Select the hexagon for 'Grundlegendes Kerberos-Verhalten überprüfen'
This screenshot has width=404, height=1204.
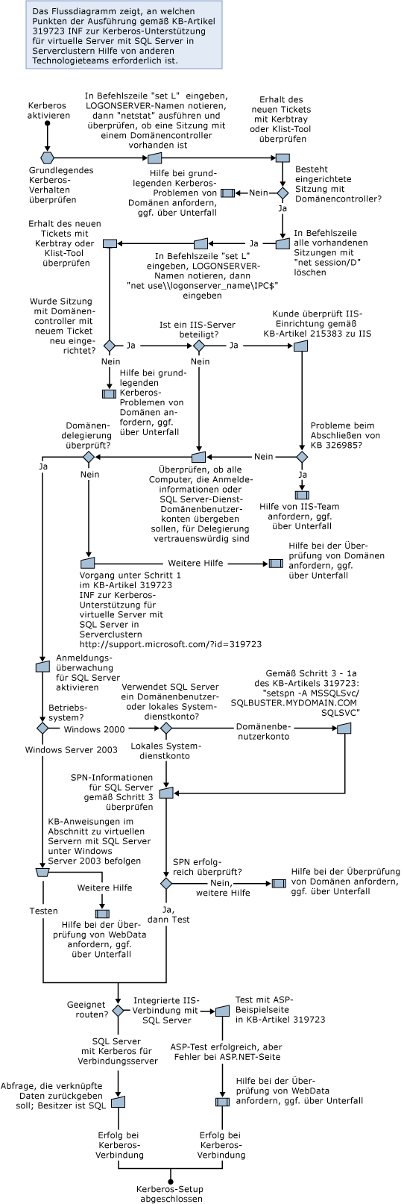pos(48,157)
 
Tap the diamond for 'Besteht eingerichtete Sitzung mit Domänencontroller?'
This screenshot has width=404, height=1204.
pos(283,193)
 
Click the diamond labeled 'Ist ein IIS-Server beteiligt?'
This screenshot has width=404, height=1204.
pos(198,346)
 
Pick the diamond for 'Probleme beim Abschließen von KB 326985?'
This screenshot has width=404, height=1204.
pos(302,456)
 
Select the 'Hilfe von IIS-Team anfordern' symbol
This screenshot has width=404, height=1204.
pos(302,494)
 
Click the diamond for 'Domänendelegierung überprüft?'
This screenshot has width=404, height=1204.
pos(89,457)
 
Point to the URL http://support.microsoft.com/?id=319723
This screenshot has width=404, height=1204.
pos(171,643)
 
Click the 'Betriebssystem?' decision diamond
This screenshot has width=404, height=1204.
pos(42,728)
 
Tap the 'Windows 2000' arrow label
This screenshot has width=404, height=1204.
pos(95,729)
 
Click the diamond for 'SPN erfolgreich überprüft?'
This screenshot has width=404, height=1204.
pos(166,883)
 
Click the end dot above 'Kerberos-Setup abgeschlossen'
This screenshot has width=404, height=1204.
pos(170,1181)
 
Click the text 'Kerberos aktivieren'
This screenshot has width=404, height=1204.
pos(48,110)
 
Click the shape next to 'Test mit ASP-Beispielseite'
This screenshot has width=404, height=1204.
pos(221,1011)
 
